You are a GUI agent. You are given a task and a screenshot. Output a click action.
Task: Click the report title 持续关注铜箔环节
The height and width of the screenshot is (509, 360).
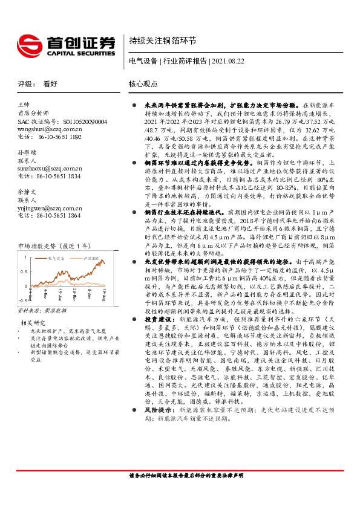pyautogui.click(x=162, y=41)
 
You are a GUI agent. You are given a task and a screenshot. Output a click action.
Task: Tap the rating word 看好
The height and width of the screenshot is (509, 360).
pyautogui.click(x=50, y=85)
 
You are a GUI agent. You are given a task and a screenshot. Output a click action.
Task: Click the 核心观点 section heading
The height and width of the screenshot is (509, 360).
pyautogui.click(x=143, y=85)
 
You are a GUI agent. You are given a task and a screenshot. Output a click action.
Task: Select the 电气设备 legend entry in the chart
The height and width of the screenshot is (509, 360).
pyautogui.click(x=60, y=241)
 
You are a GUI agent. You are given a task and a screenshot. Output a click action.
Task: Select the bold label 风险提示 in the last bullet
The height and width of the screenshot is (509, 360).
pyautogui.click(x=157, y=443)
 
